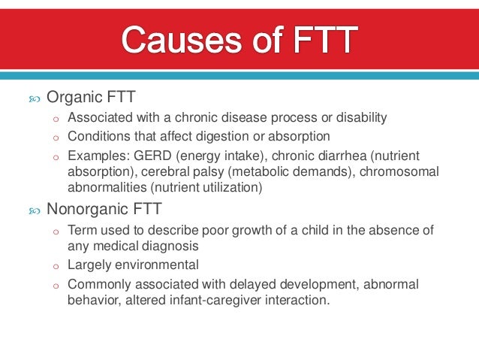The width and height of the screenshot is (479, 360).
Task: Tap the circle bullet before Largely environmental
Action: click(x=56, y=266)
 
